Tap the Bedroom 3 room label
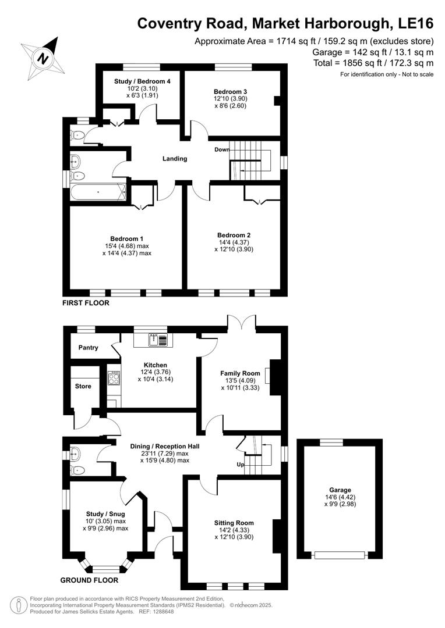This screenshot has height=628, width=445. [231, 92]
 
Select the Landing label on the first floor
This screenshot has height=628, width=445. [175, 159]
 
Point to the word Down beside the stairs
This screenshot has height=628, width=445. [221, 149]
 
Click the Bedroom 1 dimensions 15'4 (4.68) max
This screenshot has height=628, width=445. [127, 246]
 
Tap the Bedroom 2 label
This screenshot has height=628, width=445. [234, 235]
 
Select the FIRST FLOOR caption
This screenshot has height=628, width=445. [86, 303]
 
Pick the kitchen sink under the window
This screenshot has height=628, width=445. [154, 340]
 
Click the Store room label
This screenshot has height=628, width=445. [83, 386]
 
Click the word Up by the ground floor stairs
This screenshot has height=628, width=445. [240, 465]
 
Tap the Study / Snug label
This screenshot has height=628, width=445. [105, 514]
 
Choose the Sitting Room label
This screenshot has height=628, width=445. [234, 523]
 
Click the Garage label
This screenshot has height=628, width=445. [340, 490]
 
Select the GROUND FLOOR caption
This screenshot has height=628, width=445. [90, 580]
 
